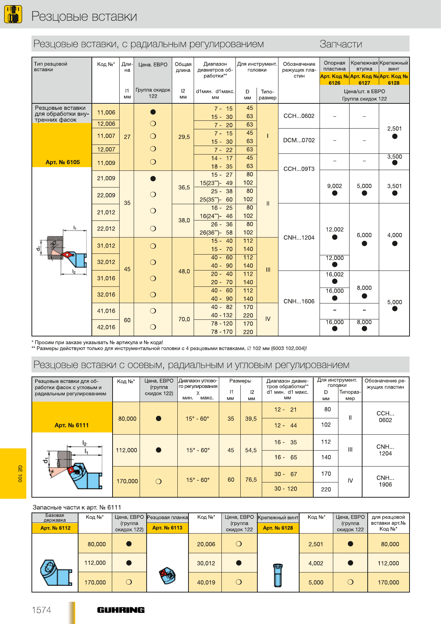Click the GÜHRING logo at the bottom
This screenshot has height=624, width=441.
click(121, 610)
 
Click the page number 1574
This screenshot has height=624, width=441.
click(41, 610)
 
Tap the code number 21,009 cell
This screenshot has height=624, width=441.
click(106, 178)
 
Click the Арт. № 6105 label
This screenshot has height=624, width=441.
click(63, 162)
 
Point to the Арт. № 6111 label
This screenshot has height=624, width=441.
click(71, 425)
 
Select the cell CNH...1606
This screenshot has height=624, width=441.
click(299, 301)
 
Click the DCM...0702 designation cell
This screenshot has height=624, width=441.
click(299, 140)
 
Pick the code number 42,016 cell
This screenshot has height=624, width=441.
click(106, 327)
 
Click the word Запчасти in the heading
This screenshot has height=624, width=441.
click(341, 44)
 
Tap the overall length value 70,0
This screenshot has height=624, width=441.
click(184, 319)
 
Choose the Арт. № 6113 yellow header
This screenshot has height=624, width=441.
click(167, 528)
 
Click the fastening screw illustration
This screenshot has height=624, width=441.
click(278, 575)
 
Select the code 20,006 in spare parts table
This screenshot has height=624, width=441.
click(206, 544)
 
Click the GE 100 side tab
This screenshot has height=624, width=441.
click(20, 474)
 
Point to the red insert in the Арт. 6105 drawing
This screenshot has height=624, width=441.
click(67, 255)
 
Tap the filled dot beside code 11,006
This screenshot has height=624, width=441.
click(153, 112)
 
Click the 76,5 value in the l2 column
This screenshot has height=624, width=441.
click(251, 479)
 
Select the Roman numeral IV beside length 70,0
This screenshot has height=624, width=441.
click(268, 319)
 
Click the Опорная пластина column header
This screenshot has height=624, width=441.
click(334, 66)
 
